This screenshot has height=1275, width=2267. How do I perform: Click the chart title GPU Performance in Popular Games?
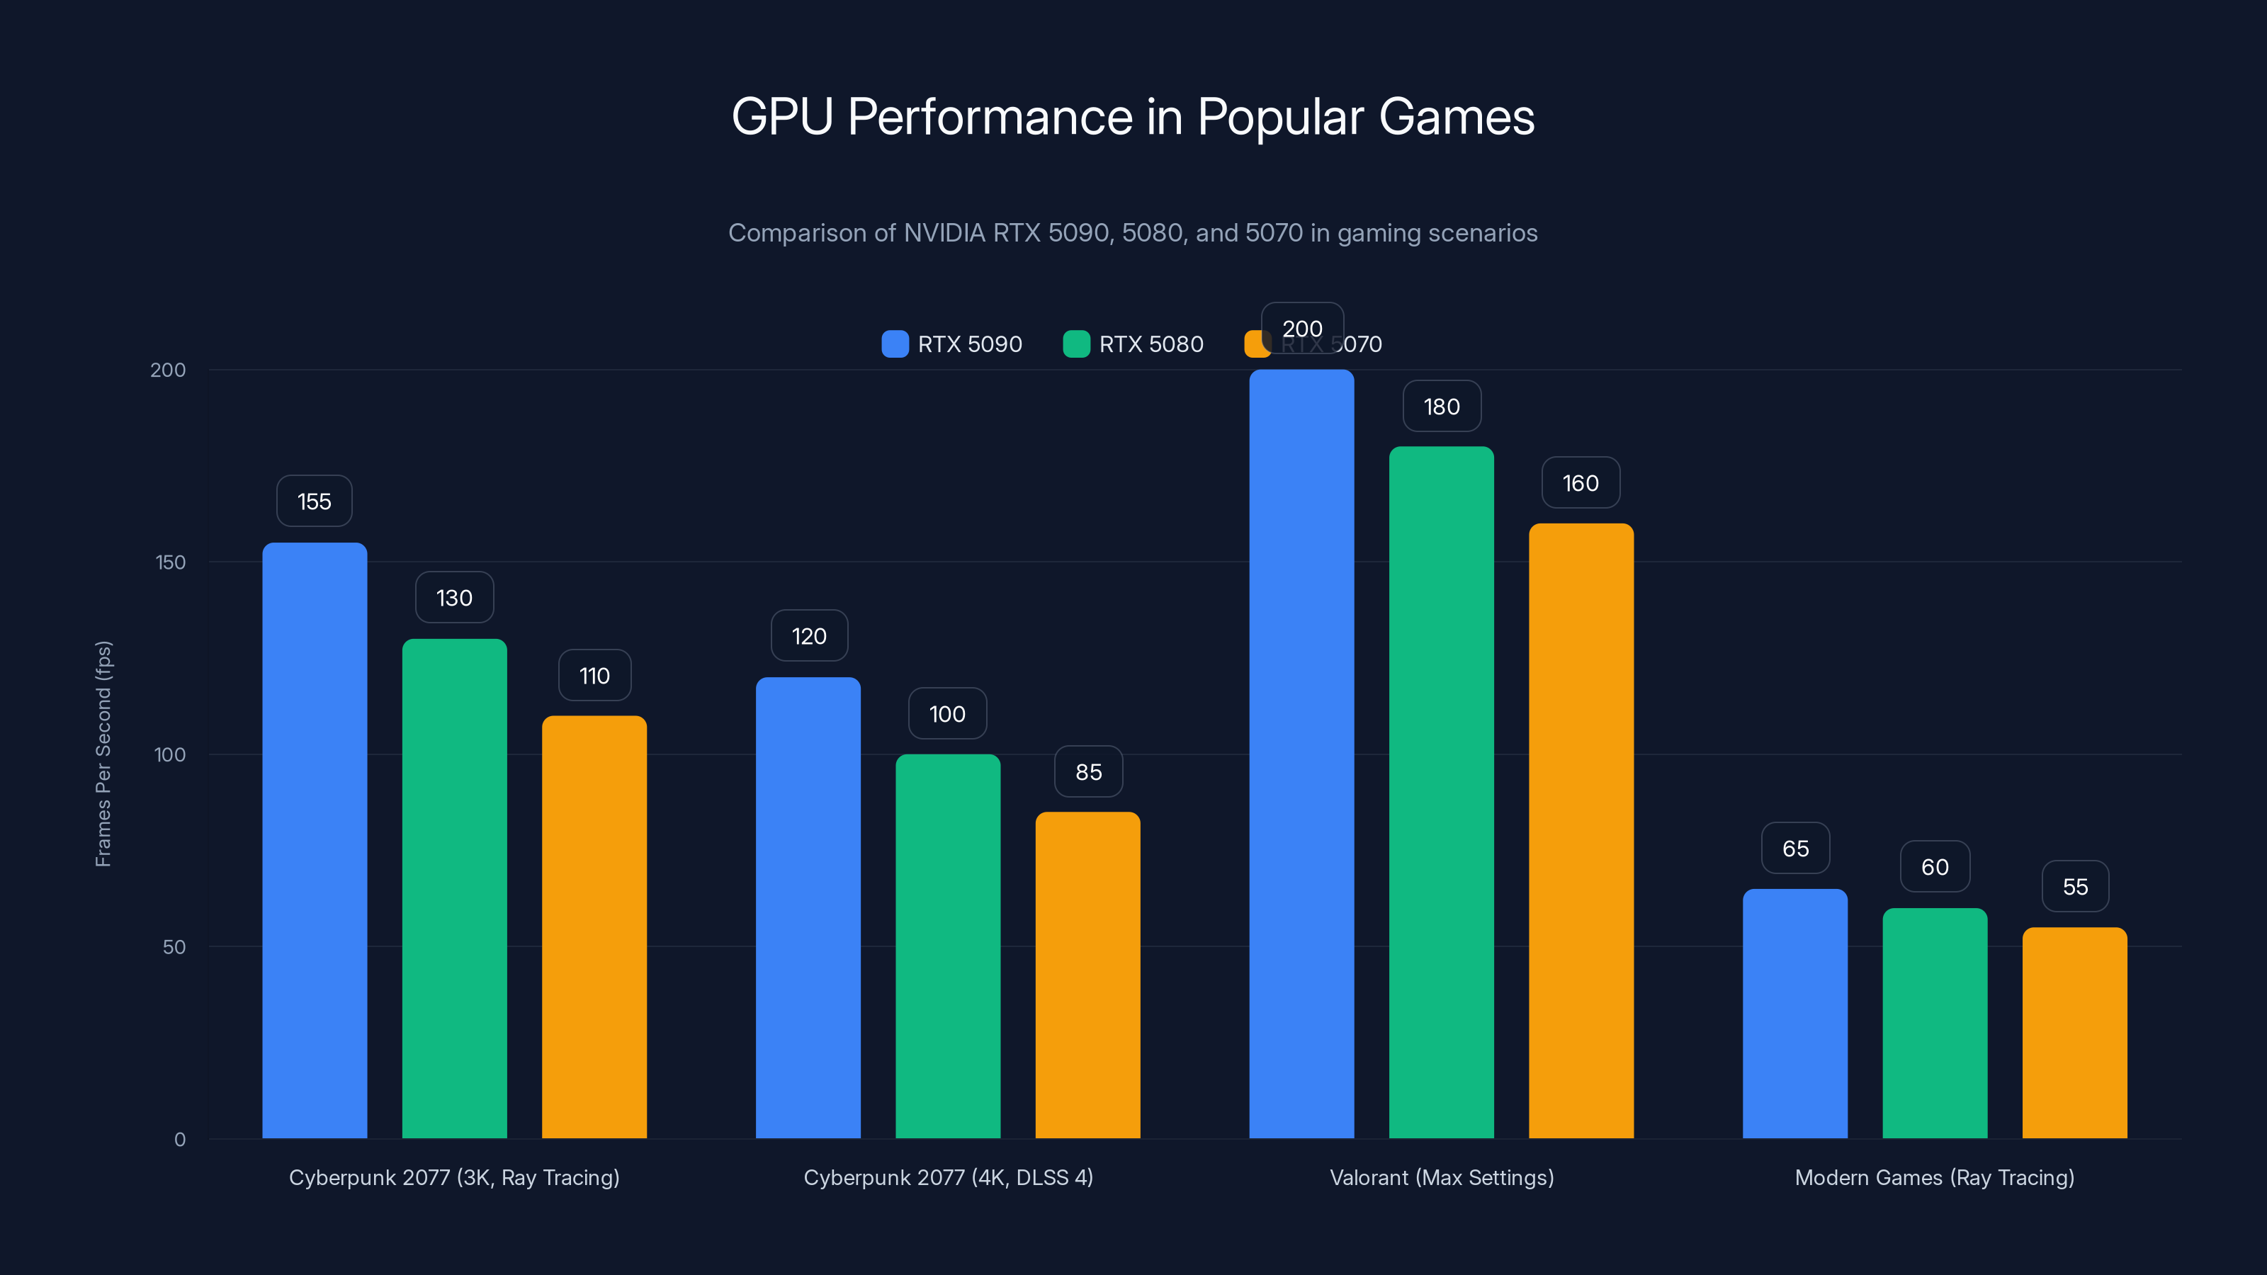(x=1133, y=117)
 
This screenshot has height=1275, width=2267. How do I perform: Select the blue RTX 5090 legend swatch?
(x=895, y=344)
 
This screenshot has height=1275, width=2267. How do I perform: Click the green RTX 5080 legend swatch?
(x=1076, y=344)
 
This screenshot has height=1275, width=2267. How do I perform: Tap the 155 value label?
(x=314, y=501)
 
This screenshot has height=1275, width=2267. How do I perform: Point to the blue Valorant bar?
(x=1301, y=756)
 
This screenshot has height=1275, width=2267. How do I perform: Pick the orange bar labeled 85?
(x=1087, y=977)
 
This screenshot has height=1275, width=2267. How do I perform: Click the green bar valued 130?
(x=454, y=889)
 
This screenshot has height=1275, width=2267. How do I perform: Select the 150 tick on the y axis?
(x=171, y=562)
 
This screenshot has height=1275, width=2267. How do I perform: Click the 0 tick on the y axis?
(x=179, y=1140)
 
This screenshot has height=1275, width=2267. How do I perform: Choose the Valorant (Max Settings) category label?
(x=1442, y=1177)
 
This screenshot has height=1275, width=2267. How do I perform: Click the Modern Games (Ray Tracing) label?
(x=1934, y=1177)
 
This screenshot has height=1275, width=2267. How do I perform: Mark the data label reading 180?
(x=1442, y=407)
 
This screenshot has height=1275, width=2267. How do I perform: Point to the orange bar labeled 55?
(x=2074, y=1034)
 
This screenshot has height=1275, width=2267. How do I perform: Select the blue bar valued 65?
(x=1795, y=1014)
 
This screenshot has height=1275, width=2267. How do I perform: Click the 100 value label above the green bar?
(x=947, y=713)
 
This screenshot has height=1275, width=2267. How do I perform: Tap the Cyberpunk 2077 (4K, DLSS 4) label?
(x=948, y=1177)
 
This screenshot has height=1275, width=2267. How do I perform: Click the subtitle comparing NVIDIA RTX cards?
(x=1133, y=233)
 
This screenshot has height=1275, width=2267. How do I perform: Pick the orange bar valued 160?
(x=1581, y=832)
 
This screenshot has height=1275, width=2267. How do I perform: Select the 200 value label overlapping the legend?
(x=1301, y=328)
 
